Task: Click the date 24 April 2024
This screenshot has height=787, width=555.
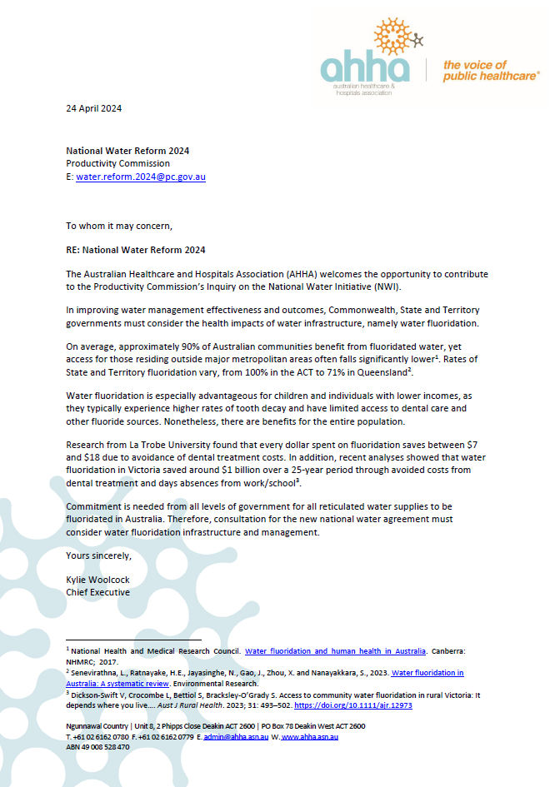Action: (x=94, y=108)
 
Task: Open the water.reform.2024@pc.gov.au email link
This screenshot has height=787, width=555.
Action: (x=141, y=177)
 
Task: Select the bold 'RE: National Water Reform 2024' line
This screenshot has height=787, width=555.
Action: (x=136, y=250)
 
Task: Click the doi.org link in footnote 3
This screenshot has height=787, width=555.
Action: (x=353, y=705)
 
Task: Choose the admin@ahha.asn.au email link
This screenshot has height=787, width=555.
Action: (x=233, y=737)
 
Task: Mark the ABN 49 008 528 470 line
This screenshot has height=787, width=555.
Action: (x=97, y=747)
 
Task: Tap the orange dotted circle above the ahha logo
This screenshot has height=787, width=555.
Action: (x=394, y=37)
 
